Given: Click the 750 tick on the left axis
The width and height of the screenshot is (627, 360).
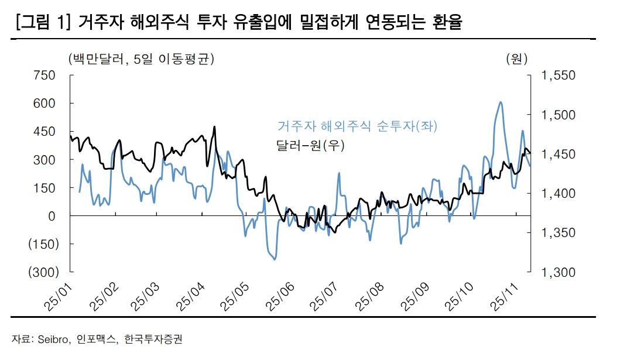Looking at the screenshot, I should tap(46, 76).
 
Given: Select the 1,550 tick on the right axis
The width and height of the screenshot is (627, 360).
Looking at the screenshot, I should tap(559, 76).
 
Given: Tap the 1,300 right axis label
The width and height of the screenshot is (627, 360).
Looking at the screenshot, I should tap(559, 272).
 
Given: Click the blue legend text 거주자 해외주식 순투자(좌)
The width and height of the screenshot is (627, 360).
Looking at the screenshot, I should tap(357, 126).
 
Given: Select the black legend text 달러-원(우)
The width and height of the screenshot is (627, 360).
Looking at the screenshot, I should tap(310, 146).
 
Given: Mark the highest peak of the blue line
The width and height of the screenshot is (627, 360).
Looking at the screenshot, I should tap(501, 102).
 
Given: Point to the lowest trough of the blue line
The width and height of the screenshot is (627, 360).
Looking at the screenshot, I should tap(274, 259).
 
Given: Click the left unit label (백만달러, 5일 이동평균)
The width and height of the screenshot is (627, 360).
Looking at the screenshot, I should tap(141, 59).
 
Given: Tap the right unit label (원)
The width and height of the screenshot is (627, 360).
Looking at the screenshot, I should tap(516, 59).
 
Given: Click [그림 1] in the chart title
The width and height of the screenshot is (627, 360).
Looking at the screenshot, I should tap(44, 23).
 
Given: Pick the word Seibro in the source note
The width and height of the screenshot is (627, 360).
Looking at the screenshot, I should tap(54, 339).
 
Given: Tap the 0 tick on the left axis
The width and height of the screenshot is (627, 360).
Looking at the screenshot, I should tap(52, 216).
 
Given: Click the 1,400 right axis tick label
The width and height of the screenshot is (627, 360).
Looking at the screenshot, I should tap(559, 194).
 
